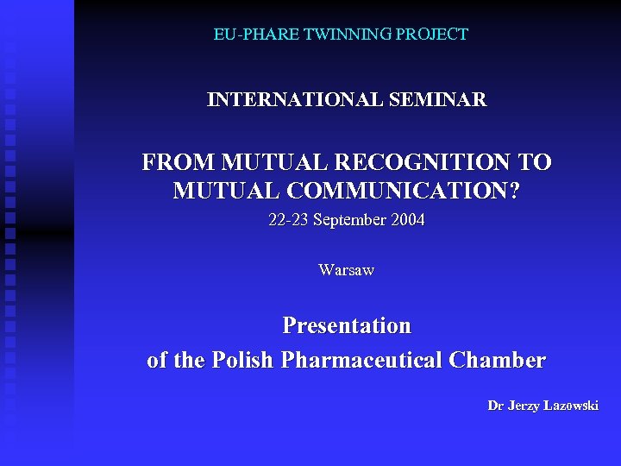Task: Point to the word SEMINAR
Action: click(439, 100)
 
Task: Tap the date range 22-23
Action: click(288, 220)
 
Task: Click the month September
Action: click(349, 220)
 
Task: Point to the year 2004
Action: click(408, 220)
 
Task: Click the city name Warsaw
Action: click(347, 270)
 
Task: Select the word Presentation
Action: click(347, 326)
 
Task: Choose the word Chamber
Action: click(504, 360)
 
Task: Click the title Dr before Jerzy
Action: click(495, 406)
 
